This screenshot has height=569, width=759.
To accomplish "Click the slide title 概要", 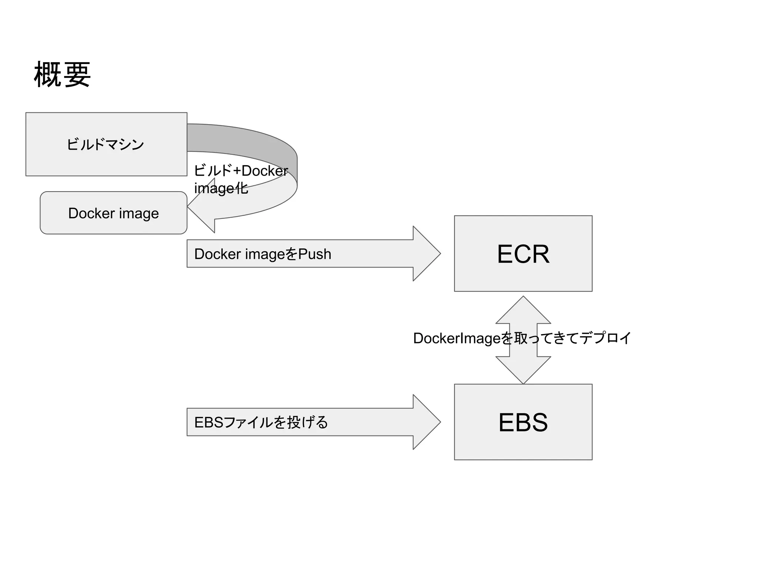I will (62, 75).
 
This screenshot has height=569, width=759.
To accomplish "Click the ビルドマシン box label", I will (105, 144).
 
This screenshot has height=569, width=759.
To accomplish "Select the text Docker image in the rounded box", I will (113, 213).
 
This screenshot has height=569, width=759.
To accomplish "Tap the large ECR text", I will (523, 254).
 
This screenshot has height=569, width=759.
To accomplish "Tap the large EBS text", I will (523, 422).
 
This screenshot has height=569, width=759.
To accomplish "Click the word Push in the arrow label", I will (315, 254).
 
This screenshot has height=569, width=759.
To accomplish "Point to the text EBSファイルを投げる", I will (261, 422).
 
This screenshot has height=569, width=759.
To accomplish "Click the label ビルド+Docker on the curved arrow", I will (241, 171).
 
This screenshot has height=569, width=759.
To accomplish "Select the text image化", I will (221, 188).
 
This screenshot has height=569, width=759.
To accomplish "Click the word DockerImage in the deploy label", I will (457, 338).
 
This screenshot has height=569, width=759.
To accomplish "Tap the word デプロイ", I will (605, 338).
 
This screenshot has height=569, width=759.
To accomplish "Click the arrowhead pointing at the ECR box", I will (426, 254).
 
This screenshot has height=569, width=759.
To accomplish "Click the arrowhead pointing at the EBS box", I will (426, 422).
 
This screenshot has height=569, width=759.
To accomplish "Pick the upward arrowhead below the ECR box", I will (523, 311).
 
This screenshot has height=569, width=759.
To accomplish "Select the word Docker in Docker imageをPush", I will (217, 254).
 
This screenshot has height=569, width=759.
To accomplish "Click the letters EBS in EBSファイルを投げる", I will (209, 422).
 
